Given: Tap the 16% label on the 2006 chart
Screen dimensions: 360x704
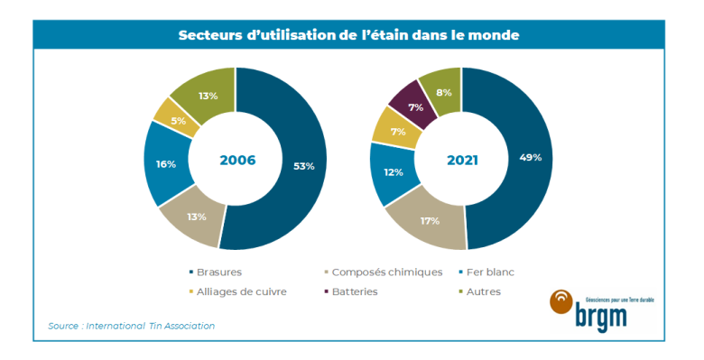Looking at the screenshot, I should pos(166,163).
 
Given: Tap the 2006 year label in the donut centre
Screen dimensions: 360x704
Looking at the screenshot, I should pos(237,160).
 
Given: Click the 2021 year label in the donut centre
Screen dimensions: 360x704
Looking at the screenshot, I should pos(461,160).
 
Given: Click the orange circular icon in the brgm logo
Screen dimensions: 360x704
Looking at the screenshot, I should pos(561,302).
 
